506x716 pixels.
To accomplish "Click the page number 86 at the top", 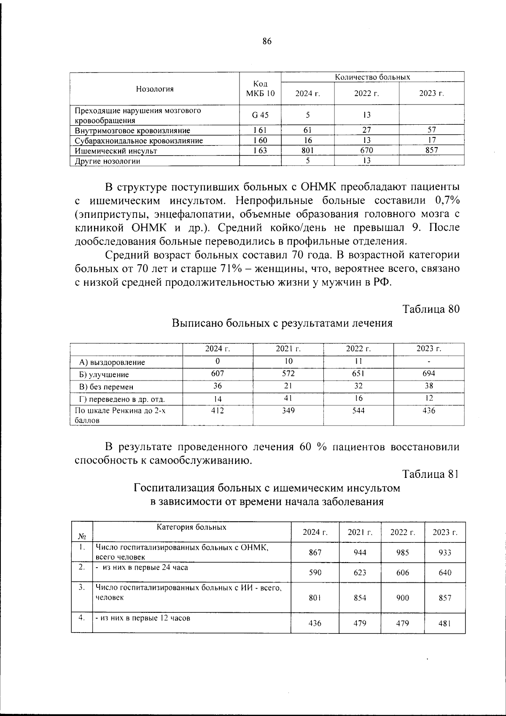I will [267, 41].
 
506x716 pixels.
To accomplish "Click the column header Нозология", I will [155, 89].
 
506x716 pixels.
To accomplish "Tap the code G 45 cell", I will [260, 115].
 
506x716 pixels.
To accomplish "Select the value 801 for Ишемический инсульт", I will [308, 150].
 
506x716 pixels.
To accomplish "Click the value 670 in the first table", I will [366, 150].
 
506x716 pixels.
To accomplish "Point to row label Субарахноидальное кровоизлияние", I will [139, 141].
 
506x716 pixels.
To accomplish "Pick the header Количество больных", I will [372, 77].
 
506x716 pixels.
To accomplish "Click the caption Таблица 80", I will [431, 309].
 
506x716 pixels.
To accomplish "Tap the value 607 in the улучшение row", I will [218, 373].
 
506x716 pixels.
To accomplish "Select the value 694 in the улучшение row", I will [428, 373].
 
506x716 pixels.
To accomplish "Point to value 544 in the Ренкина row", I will [358, 410].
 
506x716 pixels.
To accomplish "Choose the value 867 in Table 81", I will [315, 552].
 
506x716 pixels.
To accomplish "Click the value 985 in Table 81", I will [403, 552].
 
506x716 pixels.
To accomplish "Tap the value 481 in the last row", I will [445, 623].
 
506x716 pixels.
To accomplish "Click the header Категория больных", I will [191, 527].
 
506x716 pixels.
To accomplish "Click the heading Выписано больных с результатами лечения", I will [282, 324].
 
